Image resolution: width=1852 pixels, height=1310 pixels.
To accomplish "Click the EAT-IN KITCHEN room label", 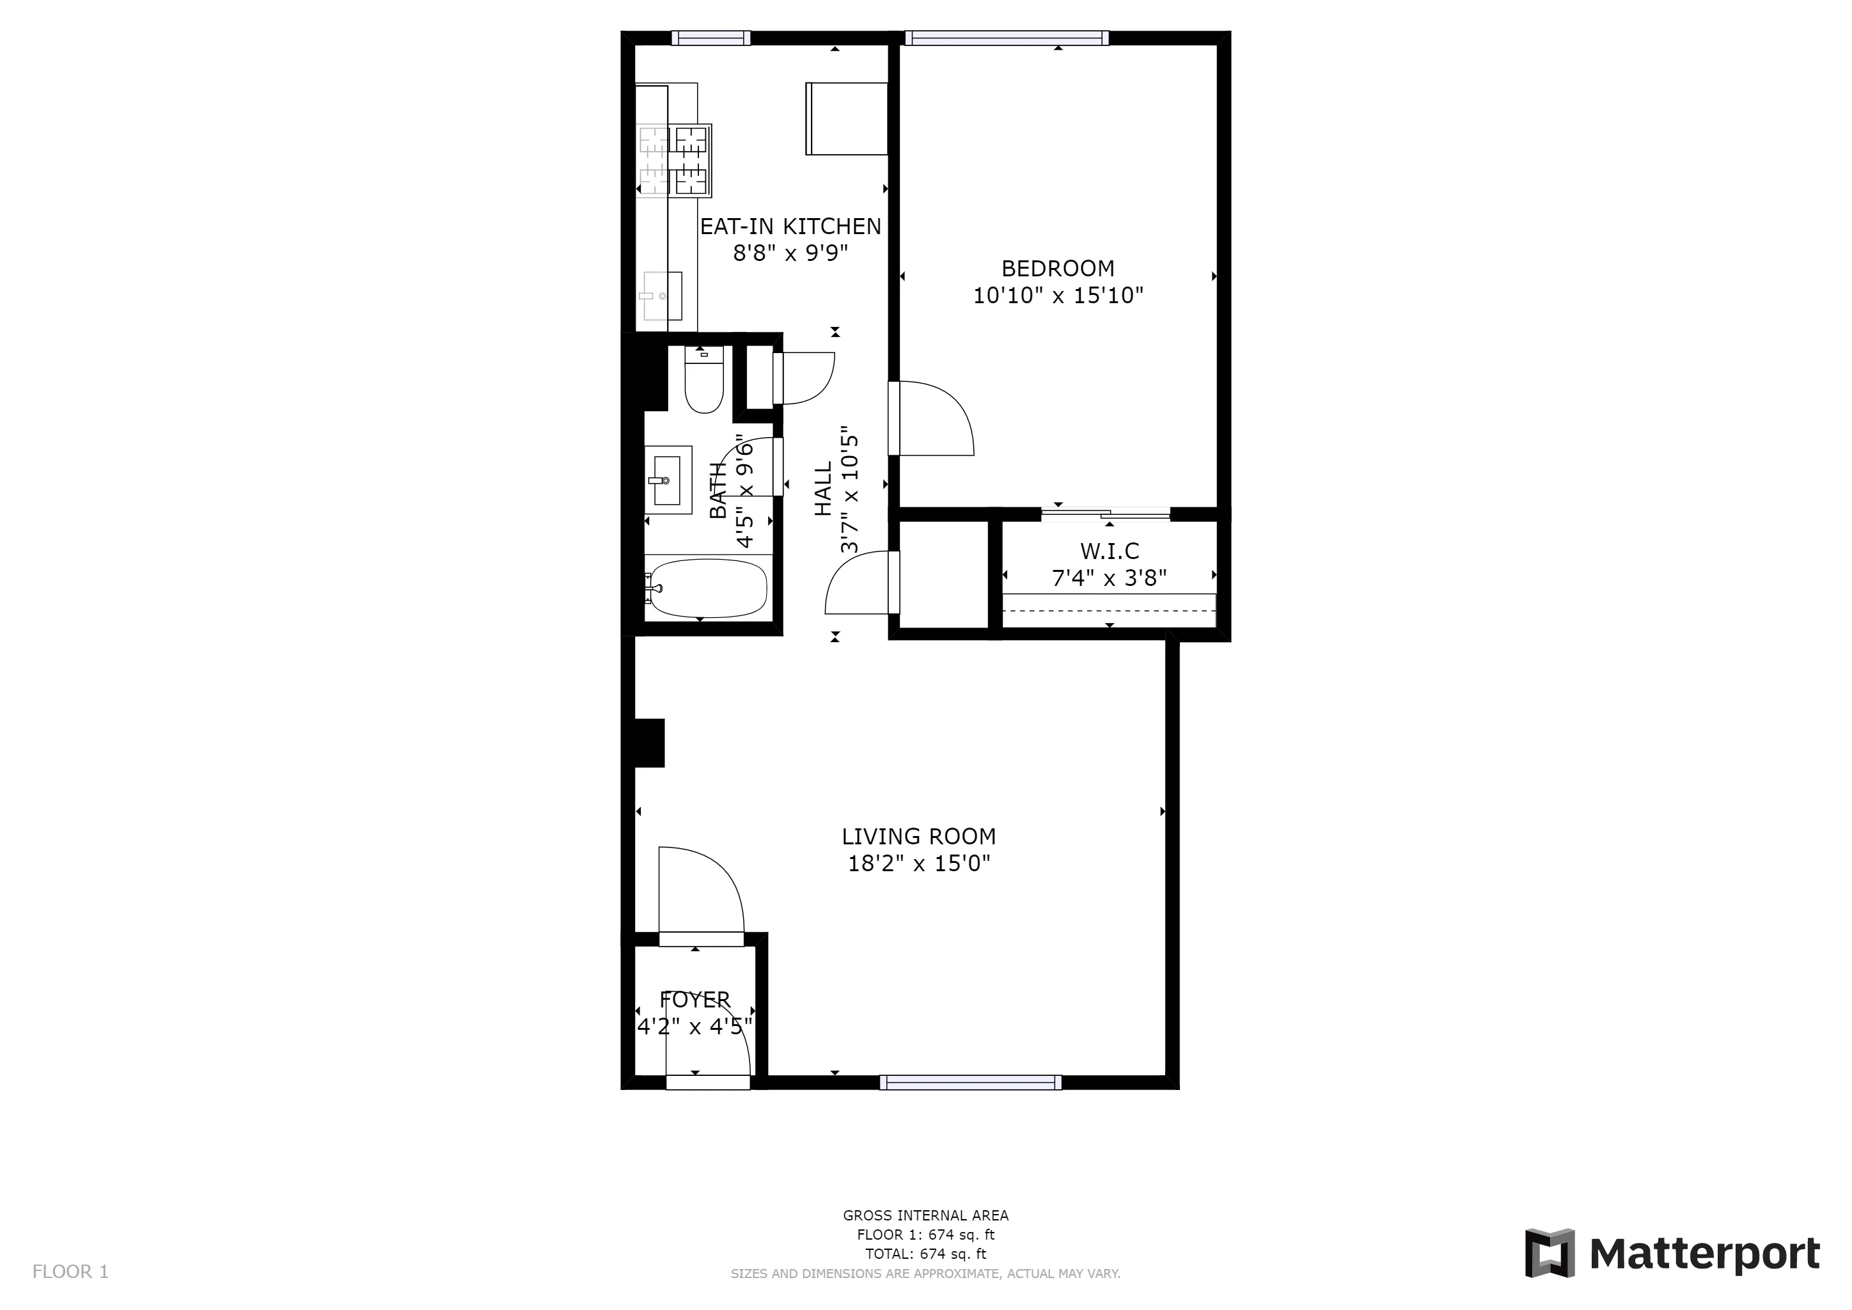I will coord(790,226).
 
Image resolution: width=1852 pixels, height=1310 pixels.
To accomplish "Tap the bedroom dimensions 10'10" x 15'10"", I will coord(1058,296).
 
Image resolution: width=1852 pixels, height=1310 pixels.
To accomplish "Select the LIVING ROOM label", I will coord(919,837).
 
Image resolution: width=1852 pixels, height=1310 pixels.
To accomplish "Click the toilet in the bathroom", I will coord(703,383).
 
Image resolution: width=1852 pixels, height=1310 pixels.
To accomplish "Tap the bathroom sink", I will coord(667,480).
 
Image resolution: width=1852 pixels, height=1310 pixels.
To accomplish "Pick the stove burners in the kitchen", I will coord(674,161).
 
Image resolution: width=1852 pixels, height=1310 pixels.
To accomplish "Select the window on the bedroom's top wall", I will coord(1006,38).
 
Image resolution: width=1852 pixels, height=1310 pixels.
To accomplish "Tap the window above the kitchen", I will coord(710,38).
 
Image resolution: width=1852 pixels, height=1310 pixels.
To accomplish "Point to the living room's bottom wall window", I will coord(970,1082).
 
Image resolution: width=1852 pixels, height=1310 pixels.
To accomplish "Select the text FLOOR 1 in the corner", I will coord(70,1272).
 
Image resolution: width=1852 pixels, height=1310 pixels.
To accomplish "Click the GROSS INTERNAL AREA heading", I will coord(925,1215).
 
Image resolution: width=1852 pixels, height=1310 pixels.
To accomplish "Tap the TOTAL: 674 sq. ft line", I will coord(925,1254).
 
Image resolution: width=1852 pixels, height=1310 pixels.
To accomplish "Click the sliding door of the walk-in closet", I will coord(1105,513).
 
